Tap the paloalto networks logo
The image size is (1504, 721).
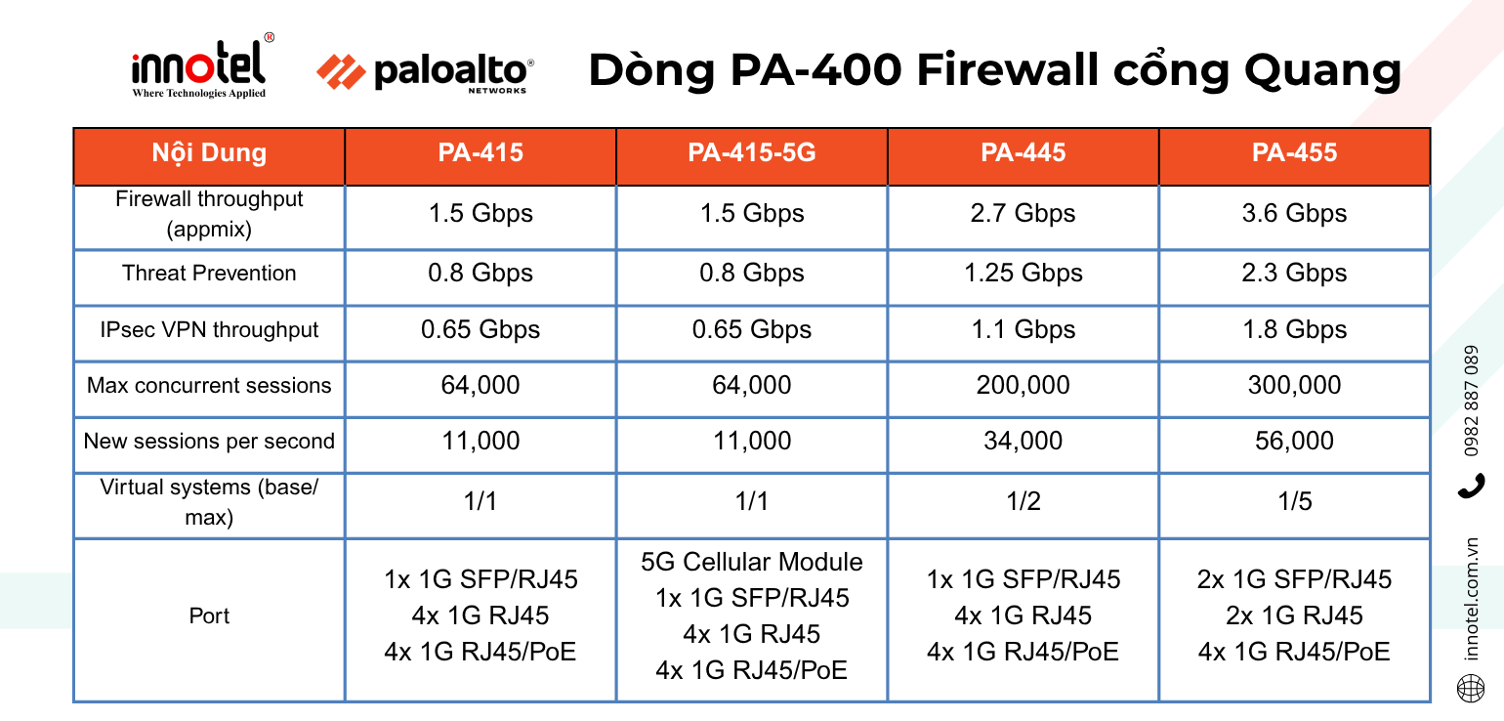pyautogui.click(x=426, y=72)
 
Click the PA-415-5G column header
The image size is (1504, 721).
pyautogui.click(x=751, y=153)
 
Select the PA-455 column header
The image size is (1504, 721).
pyautogui.click(x=1294, y=153)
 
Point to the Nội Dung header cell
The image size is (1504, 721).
pyautogui.click(x=209, y=153)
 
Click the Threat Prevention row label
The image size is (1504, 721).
pyautogui.click(x=209, y=274)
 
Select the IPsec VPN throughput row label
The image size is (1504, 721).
pyautogui.click(x=209, y=330)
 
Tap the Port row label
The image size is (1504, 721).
pyautogui.click(x=209, y=616)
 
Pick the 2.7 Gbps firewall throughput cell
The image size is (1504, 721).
pyautogui.click(x=1023, y=214)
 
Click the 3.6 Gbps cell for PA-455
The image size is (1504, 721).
pyautogui.click(x=1294, y=214)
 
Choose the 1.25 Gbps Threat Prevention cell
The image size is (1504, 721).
pyautogui.click(x=1023, y=274)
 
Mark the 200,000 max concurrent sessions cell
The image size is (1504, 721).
pyautogui.click(x=1023, y=386)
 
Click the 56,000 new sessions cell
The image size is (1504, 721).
pyautogui.click(x=1294, y=442)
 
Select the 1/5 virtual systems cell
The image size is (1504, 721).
pyautogui.click(x=1294, y=502)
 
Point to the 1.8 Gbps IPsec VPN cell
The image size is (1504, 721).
pyautogui.click(x=1294, y=330)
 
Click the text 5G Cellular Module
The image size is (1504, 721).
pyautogui.click(x=751, y=563)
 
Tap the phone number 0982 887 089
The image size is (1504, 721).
pyautogui.click(x=1472, y=402)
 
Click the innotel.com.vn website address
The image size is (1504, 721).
pyautogui.click(x=1472, y=599)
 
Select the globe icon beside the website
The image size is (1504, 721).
pyautogui.click(x=1471, y=689)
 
